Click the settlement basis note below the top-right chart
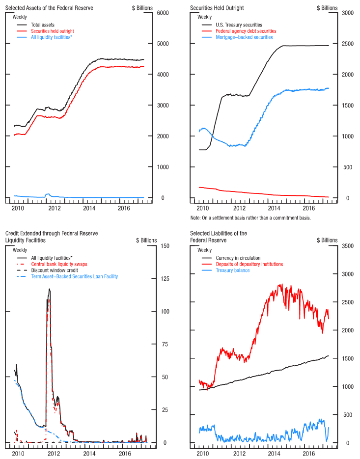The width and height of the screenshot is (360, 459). pyautogui.click(x=250, y=217)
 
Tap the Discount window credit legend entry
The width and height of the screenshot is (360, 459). pyautogui.click(x=54, y=270)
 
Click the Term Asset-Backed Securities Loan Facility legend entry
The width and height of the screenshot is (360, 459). pyautogui.click(x=74, y=277)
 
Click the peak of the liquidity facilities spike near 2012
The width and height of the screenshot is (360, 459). pyautogui.click(x=49, y=289)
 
